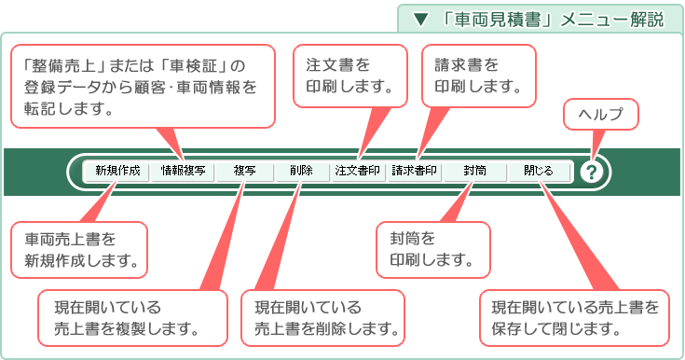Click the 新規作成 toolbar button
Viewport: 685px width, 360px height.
pyautogui.click(x=117, y=172)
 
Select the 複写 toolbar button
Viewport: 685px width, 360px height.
pyautogui.click(x=245, y=172)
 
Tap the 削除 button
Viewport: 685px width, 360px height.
pyautogui.click(x=301, y=172)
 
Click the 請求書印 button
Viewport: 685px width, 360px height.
pyautogui.click(x=415, y=172)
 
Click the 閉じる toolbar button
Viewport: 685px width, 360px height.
pyautogui.click(x=538, y=172)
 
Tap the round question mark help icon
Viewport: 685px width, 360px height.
pyautogui.click(x=592, y=172)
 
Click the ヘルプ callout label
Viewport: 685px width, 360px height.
pyautogui.click(x=601, y=115)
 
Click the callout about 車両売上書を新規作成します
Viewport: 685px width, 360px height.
pyautogui.click(x=80, y=249)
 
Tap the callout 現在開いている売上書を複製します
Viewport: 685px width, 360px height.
pyautogui.click(x=133, y=318)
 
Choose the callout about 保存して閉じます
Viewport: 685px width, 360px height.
pyautogui.click(x=574, y=318)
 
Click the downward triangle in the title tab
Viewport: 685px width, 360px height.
pyautogui.click(x=421, y=19)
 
